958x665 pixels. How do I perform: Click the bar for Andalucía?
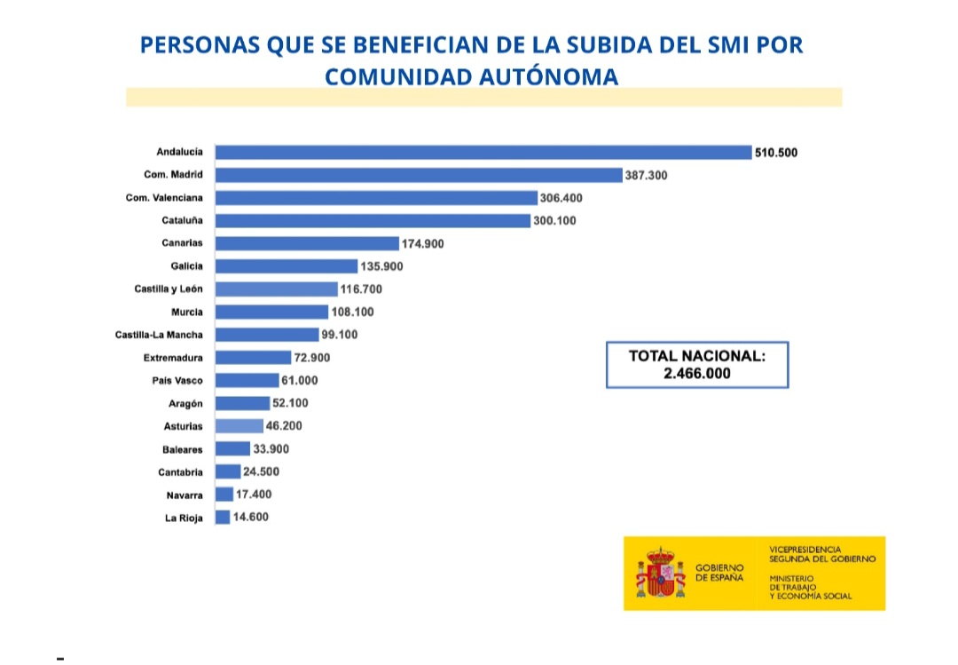[483, 152]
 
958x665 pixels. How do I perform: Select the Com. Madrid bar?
[419, 175]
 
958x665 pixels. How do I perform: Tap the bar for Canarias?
[308, 243]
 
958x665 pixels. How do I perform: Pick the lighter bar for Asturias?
[239, 426]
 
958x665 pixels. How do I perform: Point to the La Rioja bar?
[224, 517]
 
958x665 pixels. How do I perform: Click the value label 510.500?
[776, 153]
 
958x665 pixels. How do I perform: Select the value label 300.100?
[554, 220]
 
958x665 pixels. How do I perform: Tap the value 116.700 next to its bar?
[362, 289]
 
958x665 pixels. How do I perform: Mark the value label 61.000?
[299, 380]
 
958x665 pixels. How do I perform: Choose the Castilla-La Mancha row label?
[159, 335]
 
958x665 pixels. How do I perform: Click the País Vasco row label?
[177, 380]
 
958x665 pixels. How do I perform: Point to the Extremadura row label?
[173, 358]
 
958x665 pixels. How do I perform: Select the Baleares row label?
[182, 449]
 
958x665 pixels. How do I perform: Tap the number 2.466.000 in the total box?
[697, 374]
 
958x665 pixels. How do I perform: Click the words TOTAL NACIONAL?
[697, 356]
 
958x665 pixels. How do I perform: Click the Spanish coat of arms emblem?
[661, 573]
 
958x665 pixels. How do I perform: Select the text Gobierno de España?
[719, 573]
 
